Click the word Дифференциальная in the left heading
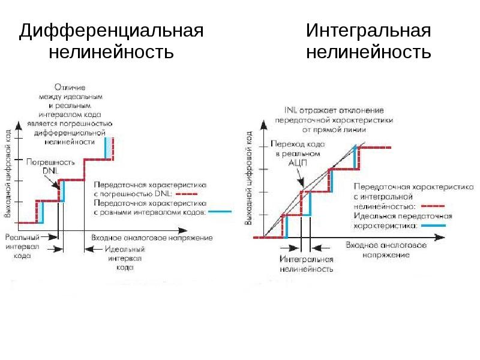pyautogui.click(x=111, y=31)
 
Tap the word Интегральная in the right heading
pyautogui.click(x=368, y=31)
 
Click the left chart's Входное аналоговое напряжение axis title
pyautogui.click(x=152, y=238)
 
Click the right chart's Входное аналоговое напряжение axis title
pyautogui.click(x=386, y=250)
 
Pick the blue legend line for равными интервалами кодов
pyautogui.click(x=220, y=212)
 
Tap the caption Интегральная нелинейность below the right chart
pyautogui.click(x=306, y=265)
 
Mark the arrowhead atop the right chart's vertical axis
pyautogui.click(x=263, y=123)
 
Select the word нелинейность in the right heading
pyautogui.click(x=368, y=53)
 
